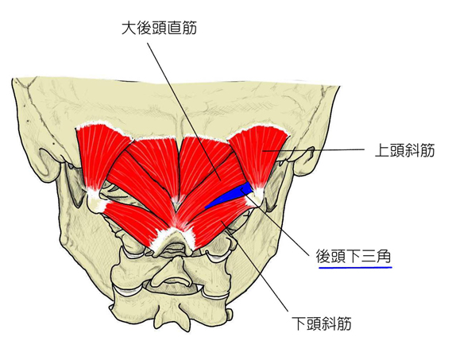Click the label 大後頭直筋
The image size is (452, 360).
[159, 29]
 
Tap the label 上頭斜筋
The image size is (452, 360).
[404, 150]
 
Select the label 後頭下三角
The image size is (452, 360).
[353, 257]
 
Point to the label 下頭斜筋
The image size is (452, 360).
[322, 323]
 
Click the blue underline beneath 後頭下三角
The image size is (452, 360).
[355, 268]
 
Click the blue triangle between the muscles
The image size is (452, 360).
[229, 196]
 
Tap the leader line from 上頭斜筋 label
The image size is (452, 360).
[315, 150]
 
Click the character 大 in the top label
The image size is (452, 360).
[129, 29]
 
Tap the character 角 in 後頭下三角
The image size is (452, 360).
[384, 257]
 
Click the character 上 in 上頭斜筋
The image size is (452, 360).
[382, 150]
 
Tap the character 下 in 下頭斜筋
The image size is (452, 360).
[299, 323]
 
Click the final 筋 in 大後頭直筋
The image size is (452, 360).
[189, 29]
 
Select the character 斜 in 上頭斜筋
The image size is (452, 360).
[412, 150]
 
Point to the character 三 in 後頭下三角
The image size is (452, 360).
[369, 257]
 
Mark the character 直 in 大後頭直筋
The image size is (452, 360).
[174, 29]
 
